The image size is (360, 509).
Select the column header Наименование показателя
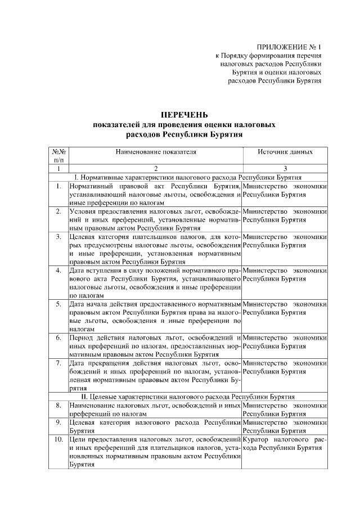[156, 152]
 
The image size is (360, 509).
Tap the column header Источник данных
[285, 152]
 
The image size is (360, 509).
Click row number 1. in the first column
[59, 186]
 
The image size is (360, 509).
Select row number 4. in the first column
[59, 271]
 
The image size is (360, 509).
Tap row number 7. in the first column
[59, 363]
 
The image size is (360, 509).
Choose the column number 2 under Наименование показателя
[156, 169]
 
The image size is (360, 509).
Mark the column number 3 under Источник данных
[285, 169]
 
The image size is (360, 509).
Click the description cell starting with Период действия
[155, 346]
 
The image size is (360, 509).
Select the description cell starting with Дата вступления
[155, 282]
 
